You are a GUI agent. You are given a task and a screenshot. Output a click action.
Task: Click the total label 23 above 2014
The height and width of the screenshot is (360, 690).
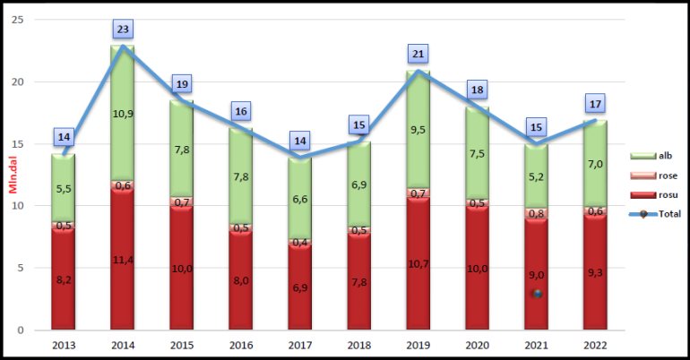[x=123, y=29]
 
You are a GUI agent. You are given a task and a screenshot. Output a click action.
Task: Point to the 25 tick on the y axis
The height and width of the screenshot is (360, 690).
[x=18, y=20]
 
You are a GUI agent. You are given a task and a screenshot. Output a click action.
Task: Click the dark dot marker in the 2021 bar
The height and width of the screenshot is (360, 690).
[x=536, y=294]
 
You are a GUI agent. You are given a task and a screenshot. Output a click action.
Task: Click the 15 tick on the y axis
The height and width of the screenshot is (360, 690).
[x=18, y=143]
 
